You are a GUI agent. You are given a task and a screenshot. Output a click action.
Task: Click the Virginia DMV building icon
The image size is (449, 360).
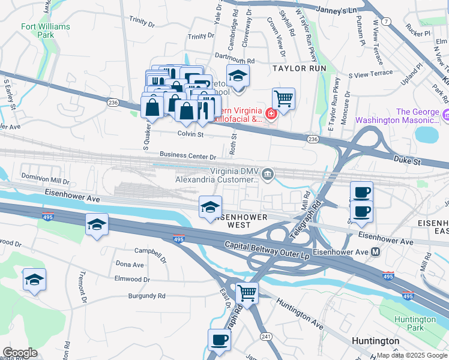click(268, 175)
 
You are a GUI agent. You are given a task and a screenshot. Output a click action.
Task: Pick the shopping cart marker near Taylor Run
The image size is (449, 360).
click(283, 98)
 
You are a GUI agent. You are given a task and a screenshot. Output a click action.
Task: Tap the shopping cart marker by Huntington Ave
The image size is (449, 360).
click(247, 293)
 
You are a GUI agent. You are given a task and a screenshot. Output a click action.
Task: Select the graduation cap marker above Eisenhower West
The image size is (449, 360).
click(210, 207)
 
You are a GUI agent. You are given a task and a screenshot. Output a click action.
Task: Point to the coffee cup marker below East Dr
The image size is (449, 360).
click(219, 340)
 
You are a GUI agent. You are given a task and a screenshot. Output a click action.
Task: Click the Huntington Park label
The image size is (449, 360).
click(415, 324)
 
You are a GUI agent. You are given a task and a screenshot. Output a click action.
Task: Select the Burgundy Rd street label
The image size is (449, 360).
click(146, 296)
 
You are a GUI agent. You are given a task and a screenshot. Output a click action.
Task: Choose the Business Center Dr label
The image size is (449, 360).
click(188, 157)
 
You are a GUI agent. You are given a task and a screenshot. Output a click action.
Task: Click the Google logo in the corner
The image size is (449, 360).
click(20, 353)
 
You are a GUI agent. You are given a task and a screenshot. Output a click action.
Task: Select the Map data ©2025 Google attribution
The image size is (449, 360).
click(412, 355)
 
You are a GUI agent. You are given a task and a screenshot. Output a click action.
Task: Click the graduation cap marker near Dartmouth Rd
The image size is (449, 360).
click(238, 76)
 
